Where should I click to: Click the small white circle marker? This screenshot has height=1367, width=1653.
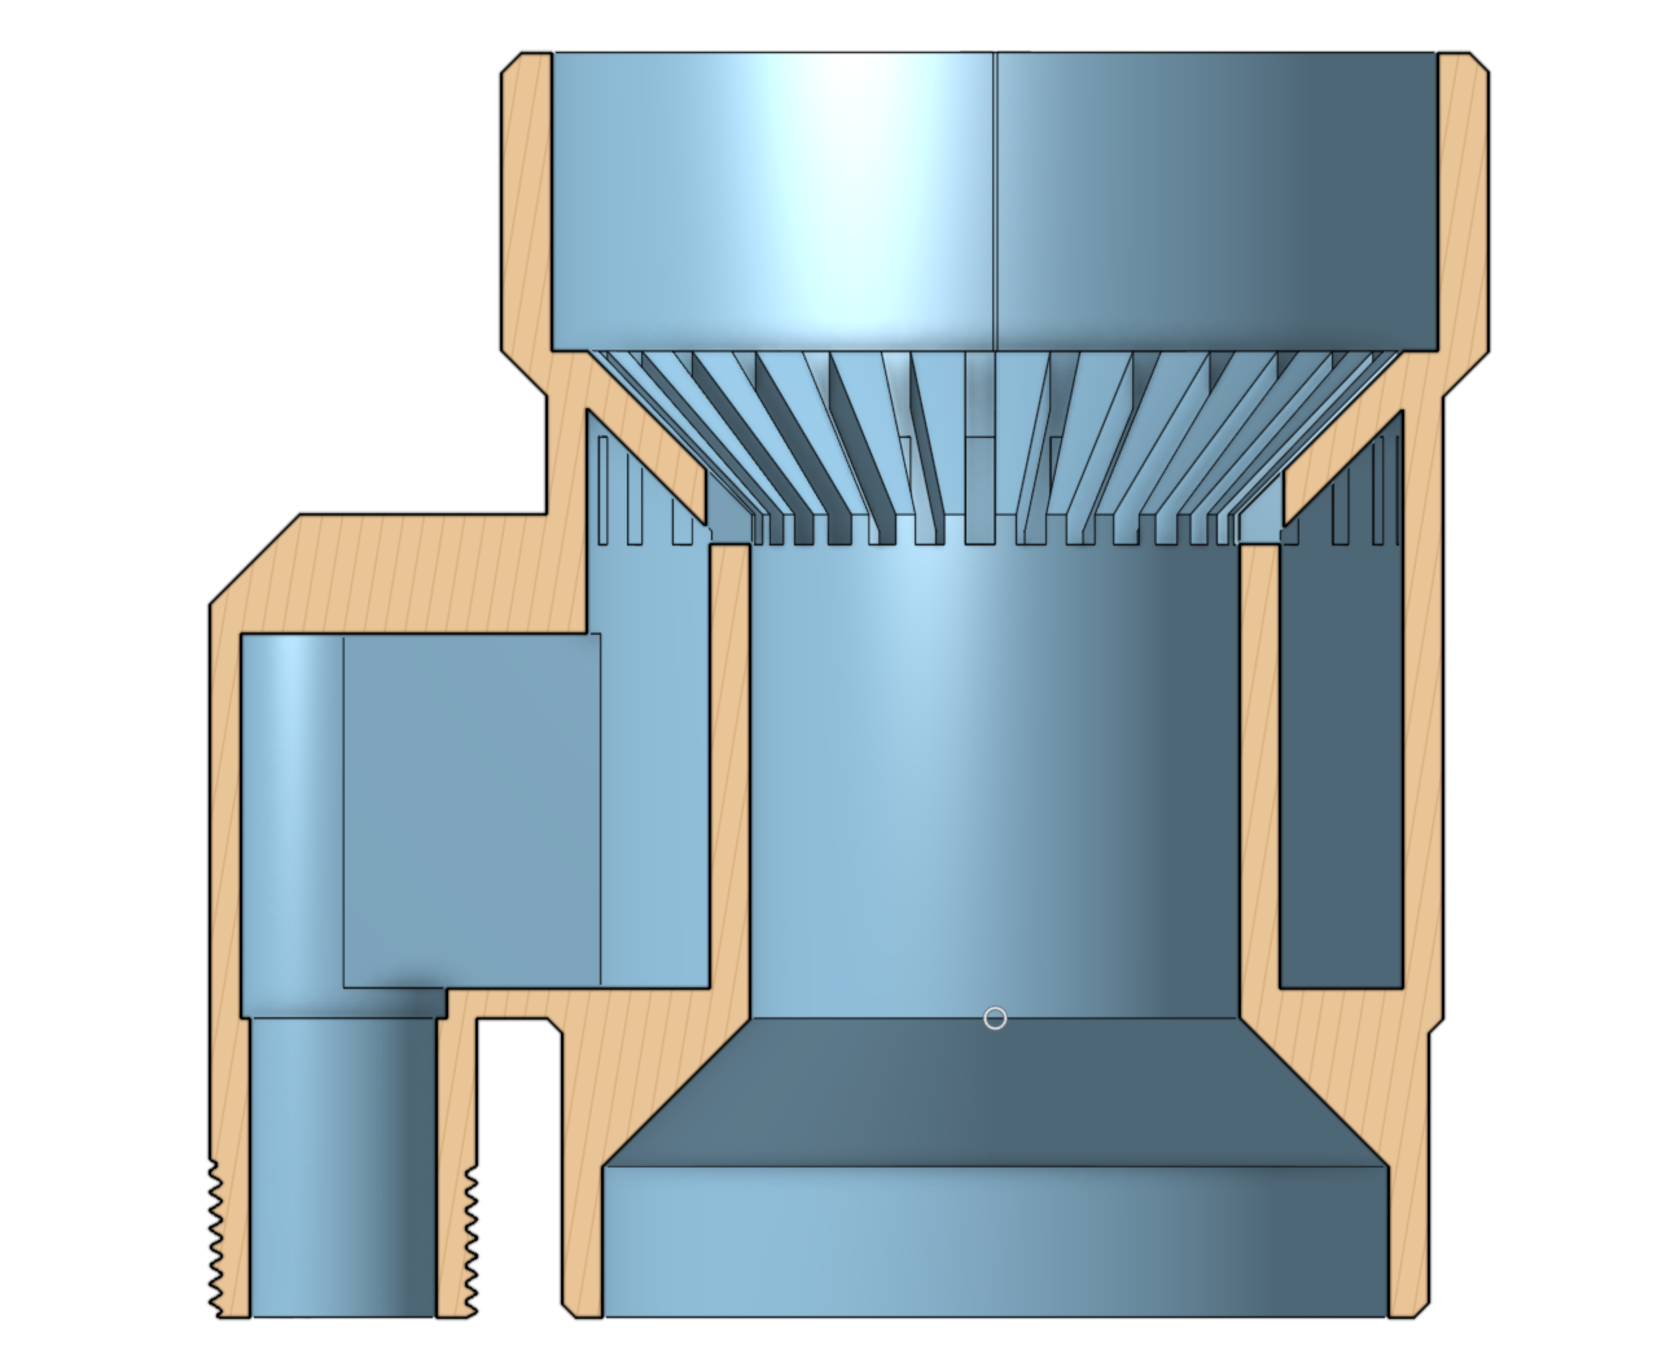coord(995,1018)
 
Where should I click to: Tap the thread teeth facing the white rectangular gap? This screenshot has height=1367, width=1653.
coord(472,1236)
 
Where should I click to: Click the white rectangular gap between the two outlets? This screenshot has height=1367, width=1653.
coord(519,1166)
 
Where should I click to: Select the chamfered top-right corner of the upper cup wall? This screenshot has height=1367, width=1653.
coord(1478,63)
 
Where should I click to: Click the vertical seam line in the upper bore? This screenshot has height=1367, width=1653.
coord(995,197)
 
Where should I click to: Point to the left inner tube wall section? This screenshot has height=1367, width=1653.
coord(729,779)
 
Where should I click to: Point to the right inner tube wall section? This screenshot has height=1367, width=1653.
coord(1259,779)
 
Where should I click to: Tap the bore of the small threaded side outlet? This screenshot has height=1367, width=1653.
coord(343,1166)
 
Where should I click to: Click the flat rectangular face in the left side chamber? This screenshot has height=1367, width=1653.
coord(472,811)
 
